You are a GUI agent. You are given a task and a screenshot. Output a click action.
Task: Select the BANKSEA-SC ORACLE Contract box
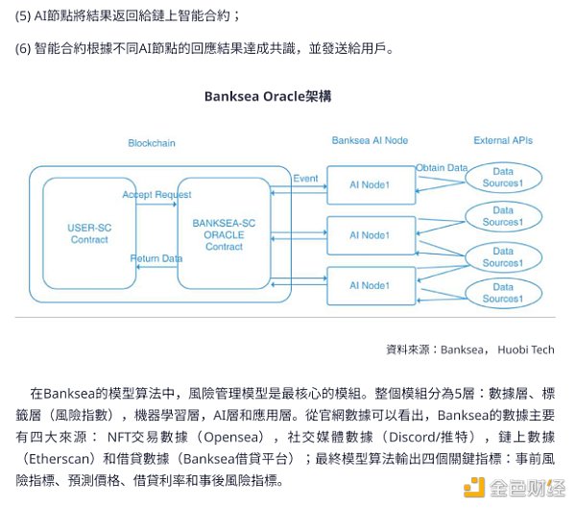point(224,233)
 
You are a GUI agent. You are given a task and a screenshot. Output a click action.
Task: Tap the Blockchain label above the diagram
point(152,143)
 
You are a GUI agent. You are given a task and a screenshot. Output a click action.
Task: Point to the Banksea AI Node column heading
point(370,140)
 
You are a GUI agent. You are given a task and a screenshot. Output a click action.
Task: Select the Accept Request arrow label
point(156,195)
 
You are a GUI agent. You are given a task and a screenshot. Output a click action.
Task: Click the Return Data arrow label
point(156,258)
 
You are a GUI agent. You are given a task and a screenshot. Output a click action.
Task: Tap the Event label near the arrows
point(305,179)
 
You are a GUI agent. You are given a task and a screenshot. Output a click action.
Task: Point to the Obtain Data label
point(442,168)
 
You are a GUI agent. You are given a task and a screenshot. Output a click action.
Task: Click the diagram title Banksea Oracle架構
point(268,96)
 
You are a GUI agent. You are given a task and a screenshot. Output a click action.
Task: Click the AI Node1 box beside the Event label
point(370,184)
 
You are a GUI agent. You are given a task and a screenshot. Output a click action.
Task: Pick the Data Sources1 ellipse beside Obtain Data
point(502,178)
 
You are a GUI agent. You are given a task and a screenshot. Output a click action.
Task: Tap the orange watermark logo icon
point(473,488)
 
